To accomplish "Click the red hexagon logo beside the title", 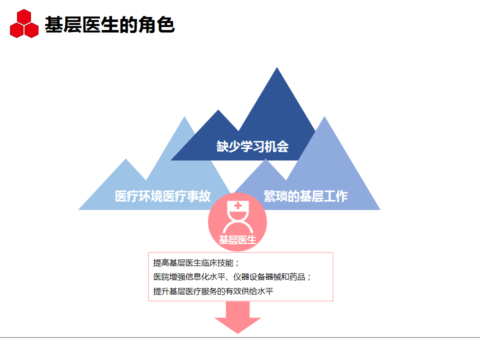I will coord(24,24).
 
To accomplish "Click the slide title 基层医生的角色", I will coord(109,24).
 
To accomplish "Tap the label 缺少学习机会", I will coord(252,146).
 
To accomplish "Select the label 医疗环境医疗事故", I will coord(163,196).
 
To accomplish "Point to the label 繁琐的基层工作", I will coord(305,196).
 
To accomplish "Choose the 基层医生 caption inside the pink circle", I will coord(237,240).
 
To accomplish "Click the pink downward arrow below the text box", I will coord(237,324).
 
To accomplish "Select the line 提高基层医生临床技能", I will coord(196,263).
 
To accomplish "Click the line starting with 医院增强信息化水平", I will coord(232,277).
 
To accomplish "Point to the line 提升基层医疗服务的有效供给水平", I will coord(213,291).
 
